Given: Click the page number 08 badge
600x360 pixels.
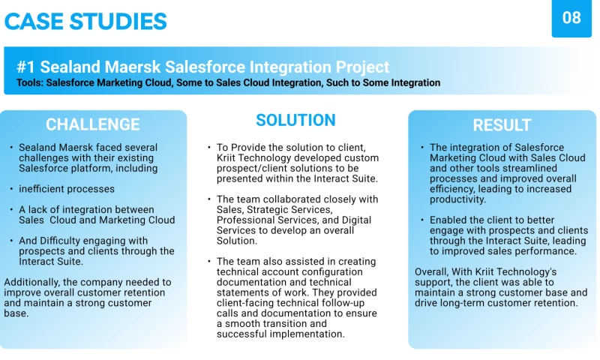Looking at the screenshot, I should point(571,18).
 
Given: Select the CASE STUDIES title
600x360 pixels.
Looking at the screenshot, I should point(85,21).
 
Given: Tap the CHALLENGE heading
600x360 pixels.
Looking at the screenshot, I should point(93,124).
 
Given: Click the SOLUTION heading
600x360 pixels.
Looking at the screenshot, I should point(295,120).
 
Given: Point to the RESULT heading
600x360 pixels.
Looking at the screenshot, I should point(502,125).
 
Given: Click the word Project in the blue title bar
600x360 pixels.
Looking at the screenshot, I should point(363,67).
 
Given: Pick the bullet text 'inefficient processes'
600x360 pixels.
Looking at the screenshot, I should point(67,189).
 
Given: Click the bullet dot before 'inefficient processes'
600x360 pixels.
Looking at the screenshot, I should point(10,189).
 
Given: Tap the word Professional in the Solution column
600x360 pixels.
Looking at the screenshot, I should point(246,220).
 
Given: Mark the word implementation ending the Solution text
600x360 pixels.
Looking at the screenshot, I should point(308,334).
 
